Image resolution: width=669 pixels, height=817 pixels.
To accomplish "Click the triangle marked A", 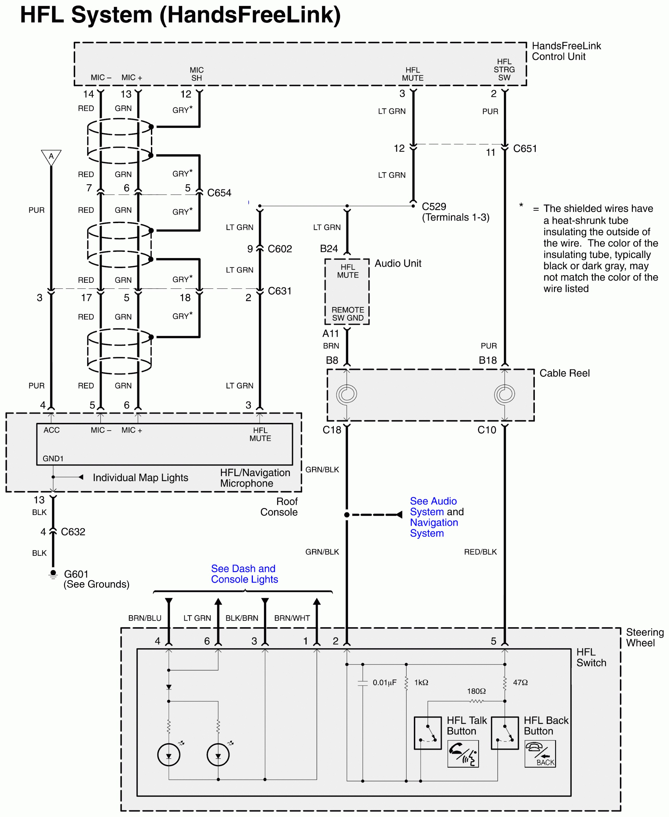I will (51, 157).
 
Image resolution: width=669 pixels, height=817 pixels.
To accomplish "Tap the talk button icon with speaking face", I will (463, 754).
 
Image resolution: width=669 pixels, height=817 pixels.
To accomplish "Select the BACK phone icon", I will (540, 754).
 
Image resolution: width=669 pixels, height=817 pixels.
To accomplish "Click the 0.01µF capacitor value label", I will (384, 683).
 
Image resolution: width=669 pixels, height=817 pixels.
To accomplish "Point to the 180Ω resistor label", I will (476, 691).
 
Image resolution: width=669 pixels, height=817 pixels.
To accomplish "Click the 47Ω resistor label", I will (520, 683).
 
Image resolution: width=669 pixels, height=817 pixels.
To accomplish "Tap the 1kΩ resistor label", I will (421, 683).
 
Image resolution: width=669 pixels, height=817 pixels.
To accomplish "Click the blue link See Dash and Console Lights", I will (244, 574).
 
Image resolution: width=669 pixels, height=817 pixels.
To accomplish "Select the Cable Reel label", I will (564, 373).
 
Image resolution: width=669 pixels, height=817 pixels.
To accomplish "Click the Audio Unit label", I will (398, 263).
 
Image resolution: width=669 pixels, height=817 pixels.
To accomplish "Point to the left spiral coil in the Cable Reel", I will (346, 394).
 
